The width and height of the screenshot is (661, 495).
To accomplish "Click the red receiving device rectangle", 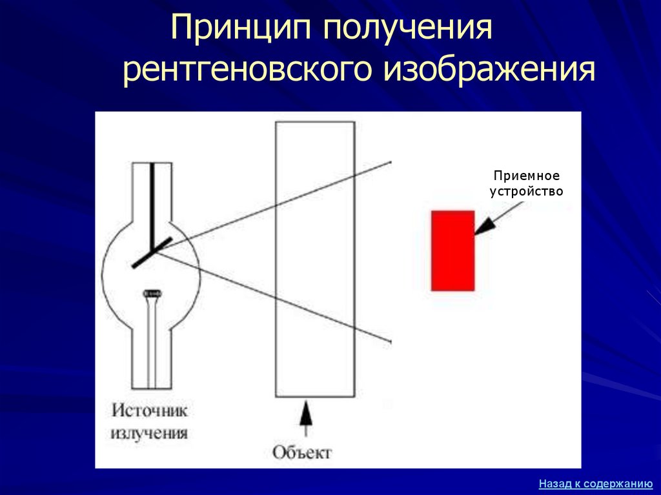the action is pos(453,250).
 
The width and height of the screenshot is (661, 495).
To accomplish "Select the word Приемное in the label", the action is pos(527,176).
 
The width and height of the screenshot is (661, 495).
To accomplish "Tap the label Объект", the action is pos(301,452).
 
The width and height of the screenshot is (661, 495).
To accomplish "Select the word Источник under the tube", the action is pos(150,410).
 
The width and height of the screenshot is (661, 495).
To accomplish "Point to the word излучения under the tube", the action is pos(150,432).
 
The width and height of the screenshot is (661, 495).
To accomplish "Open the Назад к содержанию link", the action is pos(596,483).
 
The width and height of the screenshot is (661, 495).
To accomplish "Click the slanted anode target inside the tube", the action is pos(152,252).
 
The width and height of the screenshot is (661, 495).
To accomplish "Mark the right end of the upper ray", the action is pos(391,161).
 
